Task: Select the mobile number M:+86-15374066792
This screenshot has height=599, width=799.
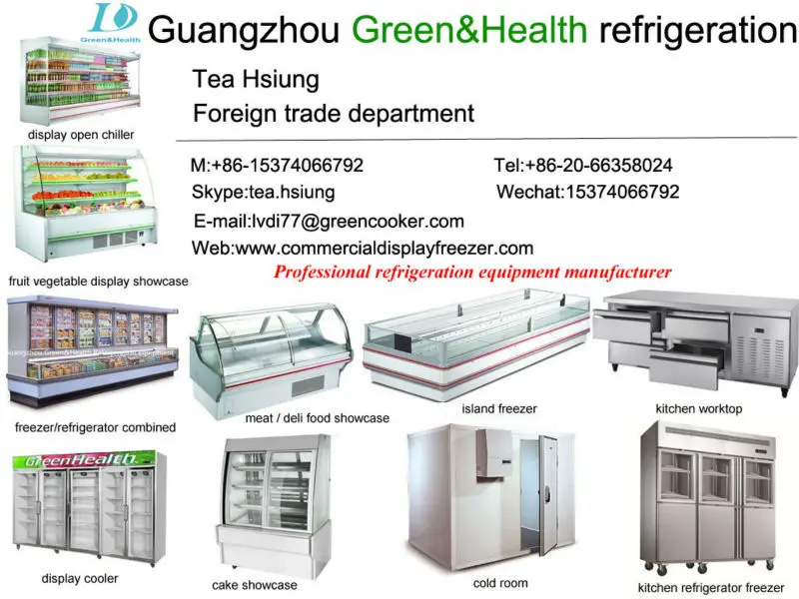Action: click(x=277, y=165)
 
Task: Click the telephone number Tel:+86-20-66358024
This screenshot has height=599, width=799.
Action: click(x=583, y=165)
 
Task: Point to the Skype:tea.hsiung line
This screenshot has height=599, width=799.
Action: click(x=263, y=192)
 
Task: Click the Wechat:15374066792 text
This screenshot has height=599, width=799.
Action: click(x=588, y=192)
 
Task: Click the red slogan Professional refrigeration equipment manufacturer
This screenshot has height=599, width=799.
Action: click(x=472, y=272)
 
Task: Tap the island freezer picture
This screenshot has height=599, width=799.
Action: click(x=476, y=344)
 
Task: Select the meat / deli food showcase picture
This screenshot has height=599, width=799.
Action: click(x=273, y=359)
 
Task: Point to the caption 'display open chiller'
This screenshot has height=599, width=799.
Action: click(x=81, y=135)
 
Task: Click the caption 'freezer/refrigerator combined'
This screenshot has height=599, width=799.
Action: click(x=96, y=427)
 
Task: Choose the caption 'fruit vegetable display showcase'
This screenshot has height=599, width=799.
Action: click(x=98, y=282)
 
